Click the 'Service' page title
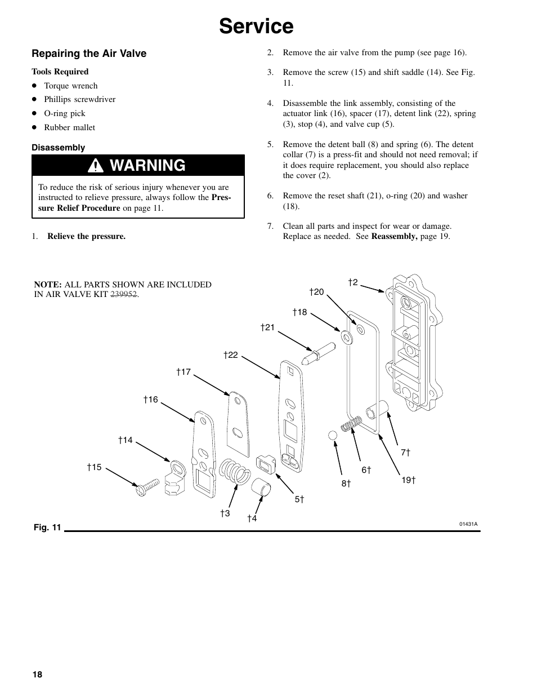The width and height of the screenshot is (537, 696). pyautogui.click(x=256, y=26)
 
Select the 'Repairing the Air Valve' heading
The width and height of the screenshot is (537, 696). pyautogui.click(x=89, y=54)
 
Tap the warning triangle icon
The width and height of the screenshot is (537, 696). pyautogui.click(x=99, y=166)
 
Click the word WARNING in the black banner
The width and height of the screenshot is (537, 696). pyautogui.click(x=148, y=166)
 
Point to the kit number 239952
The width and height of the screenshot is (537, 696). pyautogui.click(x=124, y=295)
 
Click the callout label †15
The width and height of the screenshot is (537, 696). pyautogui.click(x=94, y=467)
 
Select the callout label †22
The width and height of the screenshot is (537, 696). pyautogui.click(x=231, y=355)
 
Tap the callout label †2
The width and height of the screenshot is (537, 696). pyautogui.click(x=353, y=282)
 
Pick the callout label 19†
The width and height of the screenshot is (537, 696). pyautogui.click(x=408, y=480)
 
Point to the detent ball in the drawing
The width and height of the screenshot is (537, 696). pyautogui.click(x=332, y=436)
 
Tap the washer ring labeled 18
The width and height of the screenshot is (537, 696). pyautogui.click(x=347, y=338)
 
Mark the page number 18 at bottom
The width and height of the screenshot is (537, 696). pyautogui.click(x=37, y=675)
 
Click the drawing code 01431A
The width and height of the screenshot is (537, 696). pyautogui.click(x=468, y=524)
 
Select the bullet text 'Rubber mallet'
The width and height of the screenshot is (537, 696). pyautogui.click(x=69, y=127)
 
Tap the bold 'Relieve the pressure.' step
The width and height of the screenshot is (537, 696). pyautogui.click(x=86, y=236)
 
